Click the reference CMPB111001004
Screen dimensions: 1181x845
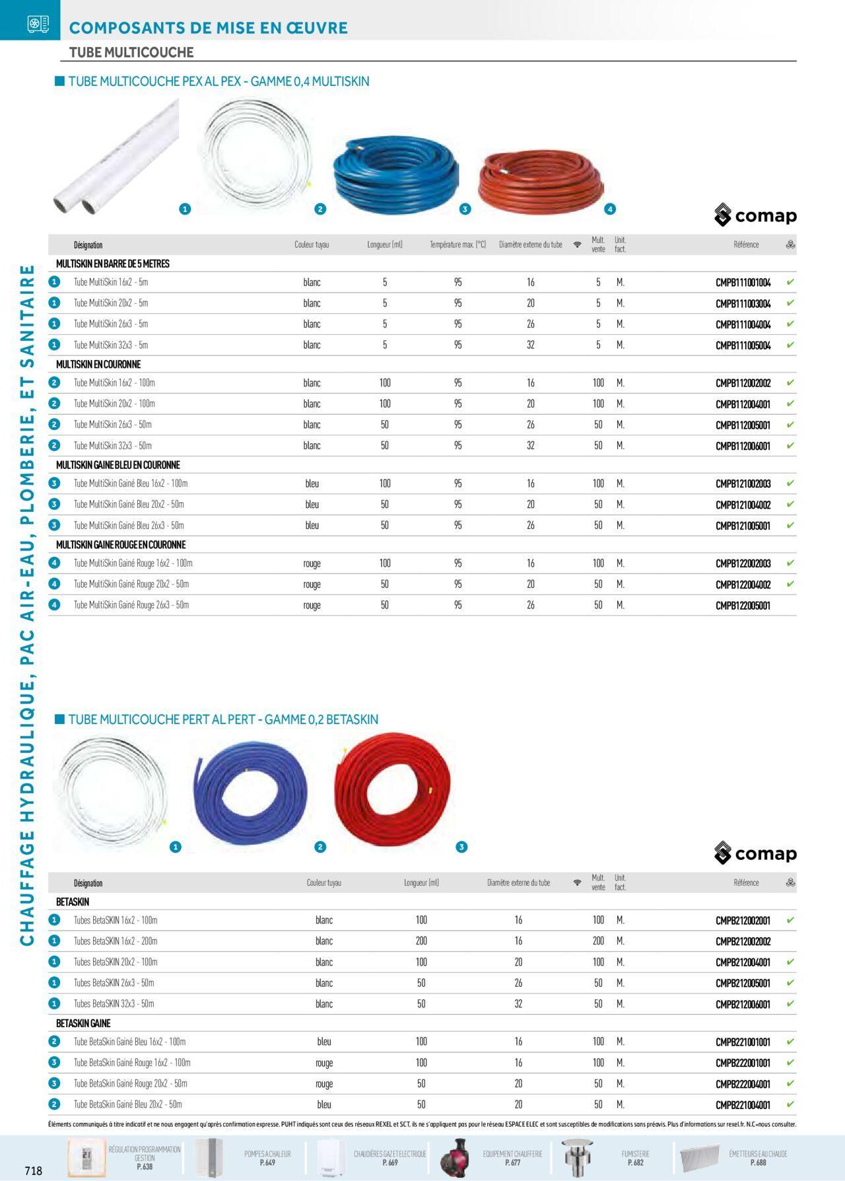coord(743,283)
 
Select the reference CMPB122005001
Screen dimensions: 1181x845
coord(743,606)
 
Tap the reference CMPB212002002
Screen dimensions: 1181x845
coord(743,942)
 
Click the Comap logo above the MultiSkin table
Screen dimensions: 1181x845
coord(755,215)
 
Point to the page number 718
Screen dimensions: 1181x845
coord(33,1170)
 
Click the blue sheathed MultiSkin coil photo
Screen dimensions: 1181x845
coord(395,175)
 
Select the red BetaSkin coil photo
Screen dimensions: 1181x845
coord(392,789)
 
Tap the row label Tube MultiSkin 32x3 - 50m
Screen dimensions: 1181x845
coord(112,446)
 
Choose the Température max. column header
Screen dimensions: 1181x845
coord(457,245)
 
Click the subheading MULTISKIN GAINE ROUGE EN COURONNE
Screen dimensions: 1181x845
coord(121,545)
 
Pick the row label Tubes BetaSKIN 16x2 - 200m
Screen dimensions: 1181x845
coord(116,941)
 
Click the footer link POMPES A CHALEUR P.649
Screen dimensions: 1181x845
coord(267,1158)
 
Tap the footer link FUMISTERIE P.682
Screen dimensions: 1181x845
coord(635,1158)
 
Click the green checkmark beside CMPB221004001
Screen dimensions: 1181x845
coord(790,1104)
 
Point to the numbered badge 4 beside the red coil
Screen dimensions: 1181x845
coord(610,209)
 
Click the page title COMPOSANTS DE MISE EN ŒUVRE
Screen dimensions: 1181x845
coord(208,28)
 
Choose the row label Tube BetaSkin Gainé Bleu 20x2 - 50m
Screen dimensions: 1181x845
coord(127,1104)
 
